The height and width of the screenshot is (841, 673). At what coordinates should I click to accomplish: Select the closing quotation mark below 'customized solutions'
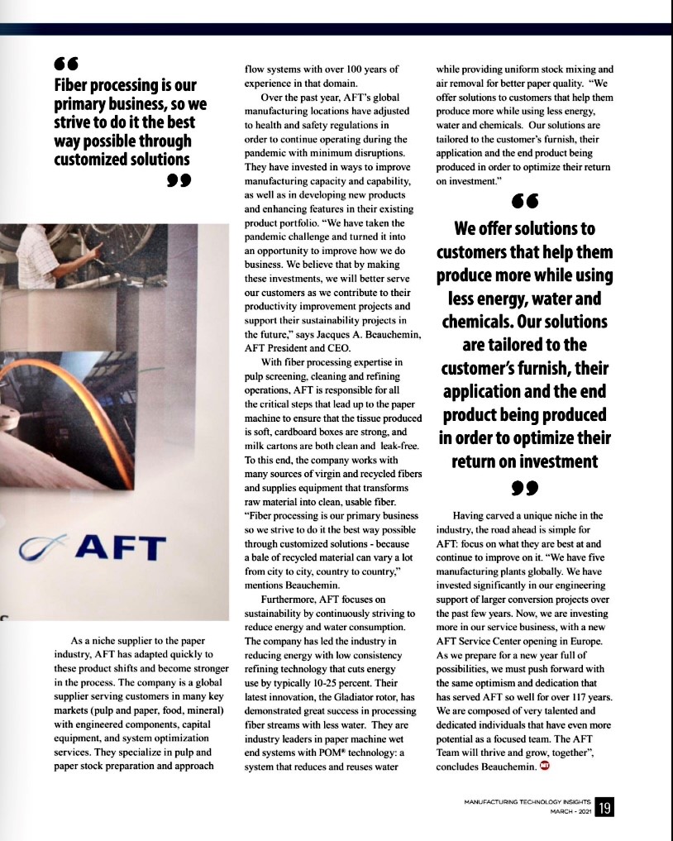tap(179, 180)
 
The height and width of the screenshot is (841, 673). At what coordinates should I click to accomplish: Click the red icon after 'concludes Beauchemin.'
tap(544, 766)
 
